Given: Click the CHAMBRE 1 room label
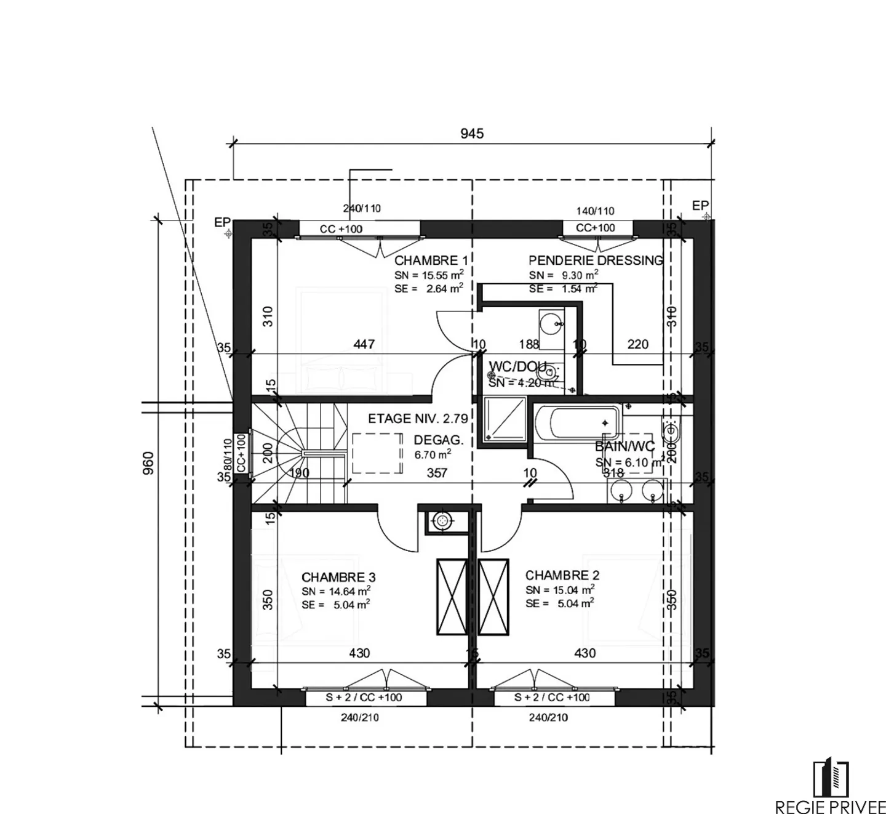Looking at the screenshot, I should (x=426, y=260).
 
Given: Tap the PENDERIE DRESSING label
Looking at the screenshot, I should (x=595, y=260).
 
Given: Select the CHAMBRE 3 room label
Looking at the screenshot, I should (x=338, y=578).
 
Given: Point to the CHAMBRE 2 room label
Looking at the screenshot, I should (x=562, y=576).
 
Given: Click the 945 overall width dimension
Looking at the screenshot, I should (x=472, y=134).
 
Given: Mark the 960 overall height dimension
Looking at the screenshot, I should (x=148, y=463).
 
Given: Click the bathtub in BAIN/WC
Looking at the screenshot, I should (x=577, y=422).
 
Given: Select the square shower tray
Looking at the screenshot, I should (x=505, y=419).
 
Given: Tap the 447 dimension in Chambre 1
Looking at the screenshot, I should (x=364, y=344).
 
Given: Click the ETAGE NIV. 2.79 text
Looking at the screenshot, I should (x=418, y=419).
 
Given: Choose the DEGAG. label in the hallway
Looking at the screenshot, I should (x=438, y=440).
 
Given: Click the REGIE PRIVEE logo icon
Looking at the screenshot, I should (x=831, y=778).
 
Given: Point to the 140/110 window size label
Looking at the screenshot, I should (x=595, y=211).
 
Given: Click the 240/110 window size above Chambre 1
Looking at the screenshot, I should (x=362, y=208).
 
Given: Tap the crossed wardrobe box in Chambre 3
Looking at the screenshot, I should (x=452, y=596).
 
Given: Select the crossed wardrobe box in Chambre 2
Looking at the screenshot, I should (x=493, y=596).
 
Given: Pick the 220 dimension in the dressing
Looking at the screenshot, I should (x=637, y=344).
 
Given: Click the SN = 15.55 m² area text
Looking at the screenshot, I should (x=429, y=275).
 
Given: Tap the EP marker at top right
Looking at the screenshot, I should (x=700, y=206).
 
